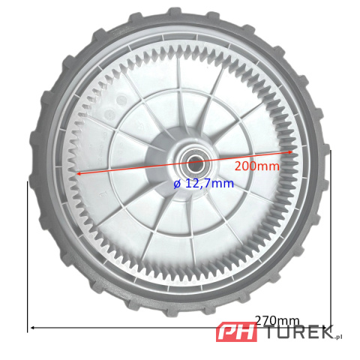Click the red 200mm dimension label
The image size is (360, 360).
[257, 166]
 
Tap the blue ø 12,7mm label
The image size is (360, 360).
[204, 184]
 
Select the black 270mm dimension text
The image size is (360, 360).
[277, 320]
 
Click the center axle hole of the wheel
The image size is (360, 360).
[193, 164]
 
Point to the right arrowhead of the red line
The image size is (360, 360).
[290, 151]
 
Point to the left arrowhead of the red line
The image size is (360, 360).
[78, 173]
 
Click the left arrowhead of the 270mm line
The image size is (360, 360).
[32, 328]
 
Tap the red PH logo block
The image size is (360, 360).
[236, 332]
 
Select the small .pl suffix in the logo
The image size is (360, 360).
[337, 337]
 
